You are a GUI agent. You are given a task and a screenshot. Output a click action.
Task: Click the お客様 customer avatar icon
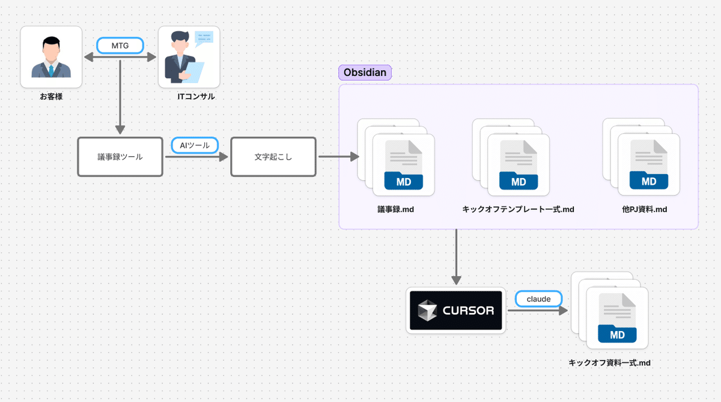coord(51,57)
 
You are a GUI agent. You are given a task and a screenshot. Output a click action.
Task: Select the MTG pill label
coord(121,45)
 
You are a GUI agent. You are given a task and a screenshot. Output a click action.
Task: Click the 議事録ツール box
coord(120,156)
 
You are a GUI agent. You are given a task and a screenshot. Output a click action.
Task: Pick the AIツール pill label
coord(194,145)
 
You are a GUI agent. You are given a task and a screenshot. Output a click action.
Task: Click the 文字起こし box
coord(273,156)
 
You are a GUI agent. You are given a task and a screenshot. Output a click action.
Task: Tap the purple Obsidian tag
coord(365,73)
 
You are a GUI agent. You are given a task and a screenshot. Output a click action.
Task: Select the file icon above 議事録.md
coord(403,164)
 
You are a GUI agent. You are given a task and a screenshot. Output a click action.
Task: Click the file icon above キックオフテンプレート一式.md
coord(518,164)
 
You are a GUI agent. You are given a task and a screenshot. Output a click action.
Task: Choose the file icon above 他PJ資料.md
coord(648,164)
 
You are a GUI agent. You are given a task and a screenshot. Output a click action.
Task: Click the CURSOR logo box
coord(455,311)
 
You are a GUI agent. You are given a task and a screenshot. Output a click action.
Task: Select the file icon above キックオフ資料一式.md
coord(616,317)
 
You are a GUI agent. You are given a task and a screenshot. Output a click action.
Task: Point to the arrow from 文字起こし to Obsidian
coord(338,156)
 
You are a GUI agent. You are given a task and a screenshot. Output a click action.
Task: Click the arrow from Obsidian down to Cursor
coord(456,256)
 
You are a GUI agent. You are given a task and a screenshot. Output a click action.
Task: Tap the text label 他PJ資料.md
coord(645,209)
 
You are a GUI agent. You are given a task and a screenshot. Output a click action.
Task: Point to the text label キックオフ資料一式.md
coord(610,363)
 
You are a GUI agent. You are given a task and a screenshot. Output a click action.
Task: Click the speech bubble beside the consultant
coord(204,37)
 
